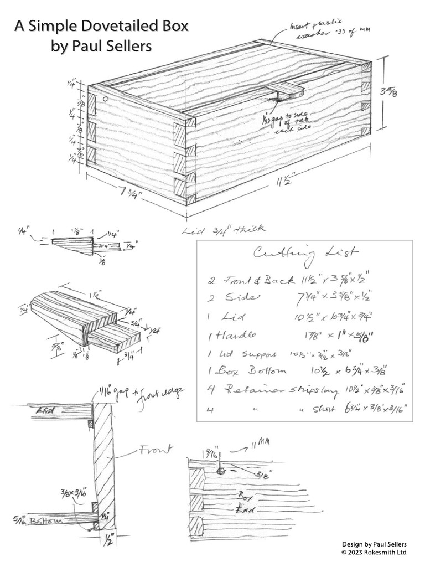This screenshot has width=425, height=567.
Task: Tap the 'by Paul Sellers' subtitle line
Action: pyautogui.click(x=101, y=47)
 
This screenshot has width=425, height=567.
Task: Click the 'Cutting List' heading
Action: pyautogui.click(x=305, y=253)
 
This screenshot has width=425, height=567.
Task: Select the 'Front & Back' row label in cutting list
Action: pyautogui.click(x=258, y=280)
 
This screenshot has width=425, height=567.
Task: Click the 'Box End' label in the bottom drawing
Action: pyautogui.click(x=246, y=502)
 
